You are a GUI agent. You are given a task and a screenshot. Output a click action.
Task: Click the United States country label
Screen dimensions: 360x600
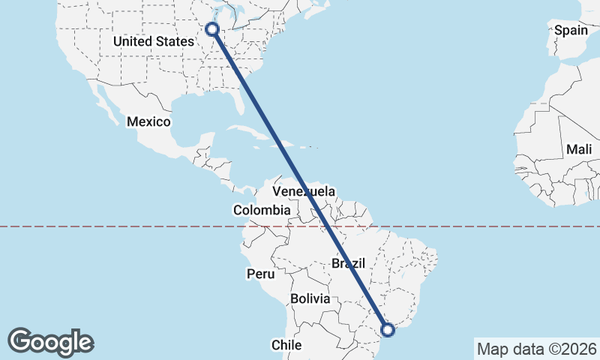(153, 42)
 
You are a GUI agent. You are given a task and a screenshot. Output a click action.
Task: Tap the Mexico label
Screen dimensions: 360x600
(148, 121)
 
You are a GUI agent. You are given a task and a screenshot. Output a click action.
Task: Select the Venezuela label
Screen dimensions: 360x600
(304, 191)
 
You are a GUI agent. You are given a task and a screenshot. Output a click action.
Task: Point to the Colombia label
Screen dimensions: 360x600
(261, 211)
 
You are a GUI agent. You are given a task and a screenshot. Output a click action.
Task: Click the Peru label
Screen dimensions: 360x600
(259, 274)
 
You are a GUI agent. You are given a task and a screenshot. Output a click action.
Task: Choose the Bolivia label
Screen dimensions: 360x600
(310, 298)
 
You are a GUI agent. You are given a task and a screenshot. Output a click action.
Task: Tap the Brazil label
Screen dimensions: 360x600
(348, 263)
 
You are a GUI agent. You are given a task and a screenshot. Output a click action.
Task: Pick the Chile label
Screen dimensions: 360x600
(286, 345)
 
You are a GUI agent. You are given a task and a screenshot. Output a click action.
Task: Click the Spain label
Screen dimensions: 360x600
(571, 31)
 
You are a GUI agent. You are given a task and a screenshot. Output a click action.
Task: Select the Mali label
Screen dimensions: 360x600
(579, 149)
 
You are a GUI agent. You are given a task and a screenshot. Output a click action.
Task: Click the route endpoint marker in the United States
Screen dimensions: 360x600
(212, 29)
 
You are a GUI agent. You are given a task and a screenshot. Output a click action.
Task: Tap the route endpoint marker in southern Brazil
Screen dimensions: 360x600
(388, 328)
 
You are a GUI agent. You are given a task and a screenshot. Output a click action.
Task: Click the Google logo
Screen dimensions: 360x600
(50, 342)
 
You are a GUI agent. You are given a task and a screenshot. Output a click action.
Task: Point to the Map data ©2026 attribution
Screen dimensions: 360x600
(536, 349)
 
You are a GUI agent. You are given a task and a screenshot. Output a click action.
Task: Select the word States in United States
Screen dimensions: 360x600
(175, 42)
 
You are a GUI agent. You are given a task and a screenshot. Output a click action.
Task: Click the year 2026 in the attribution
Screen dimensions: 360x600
(580, 349)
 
